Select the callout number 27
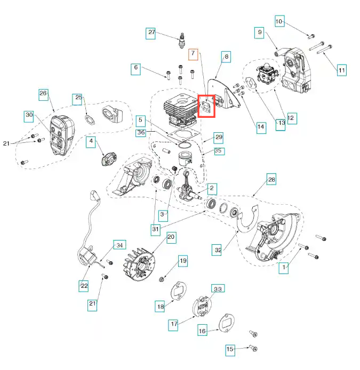tap(151, 33)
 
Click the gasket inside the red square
tap(206, 106)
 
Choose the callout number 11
tap(342, 69)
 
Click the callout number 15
tap(230, 350)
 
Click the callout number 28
tap(271, 180)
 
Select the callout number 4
tap(91, 141)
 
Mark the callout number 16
tap(202, 331)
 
